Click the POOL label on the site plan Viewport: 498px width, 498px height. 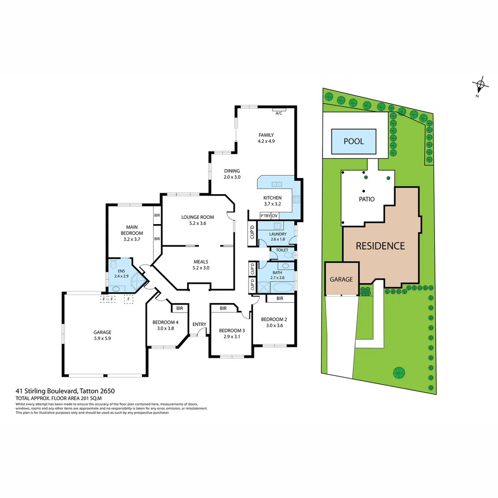point(354,141)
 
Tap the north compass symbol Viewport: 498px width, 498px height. point(480,84)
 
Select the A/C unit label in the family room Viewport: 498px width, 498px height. point(279,113)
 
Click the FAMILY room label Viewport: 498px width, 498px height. point(266,135)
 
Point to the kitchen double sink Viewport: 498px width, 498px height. point(277,184)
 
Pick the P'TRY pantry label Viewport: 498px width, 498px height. point(265,216)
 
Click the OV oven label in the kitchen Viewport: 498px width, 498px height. point(275,216)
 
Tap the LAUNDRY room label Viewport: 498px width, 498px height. point(279,234)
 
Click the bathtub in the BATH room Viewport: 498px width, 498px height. point(282,287)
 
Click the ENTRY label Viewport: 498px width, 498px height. point(199,324)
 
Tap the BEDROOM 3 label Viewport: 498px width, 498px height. point(231,330)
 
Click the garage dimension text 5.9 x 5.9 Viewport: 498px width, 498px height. point(102,338)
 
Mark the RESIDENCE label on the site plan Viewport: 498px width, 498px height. point(380,246)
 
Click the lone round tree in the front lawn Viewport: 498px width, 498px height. point(398,372)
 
